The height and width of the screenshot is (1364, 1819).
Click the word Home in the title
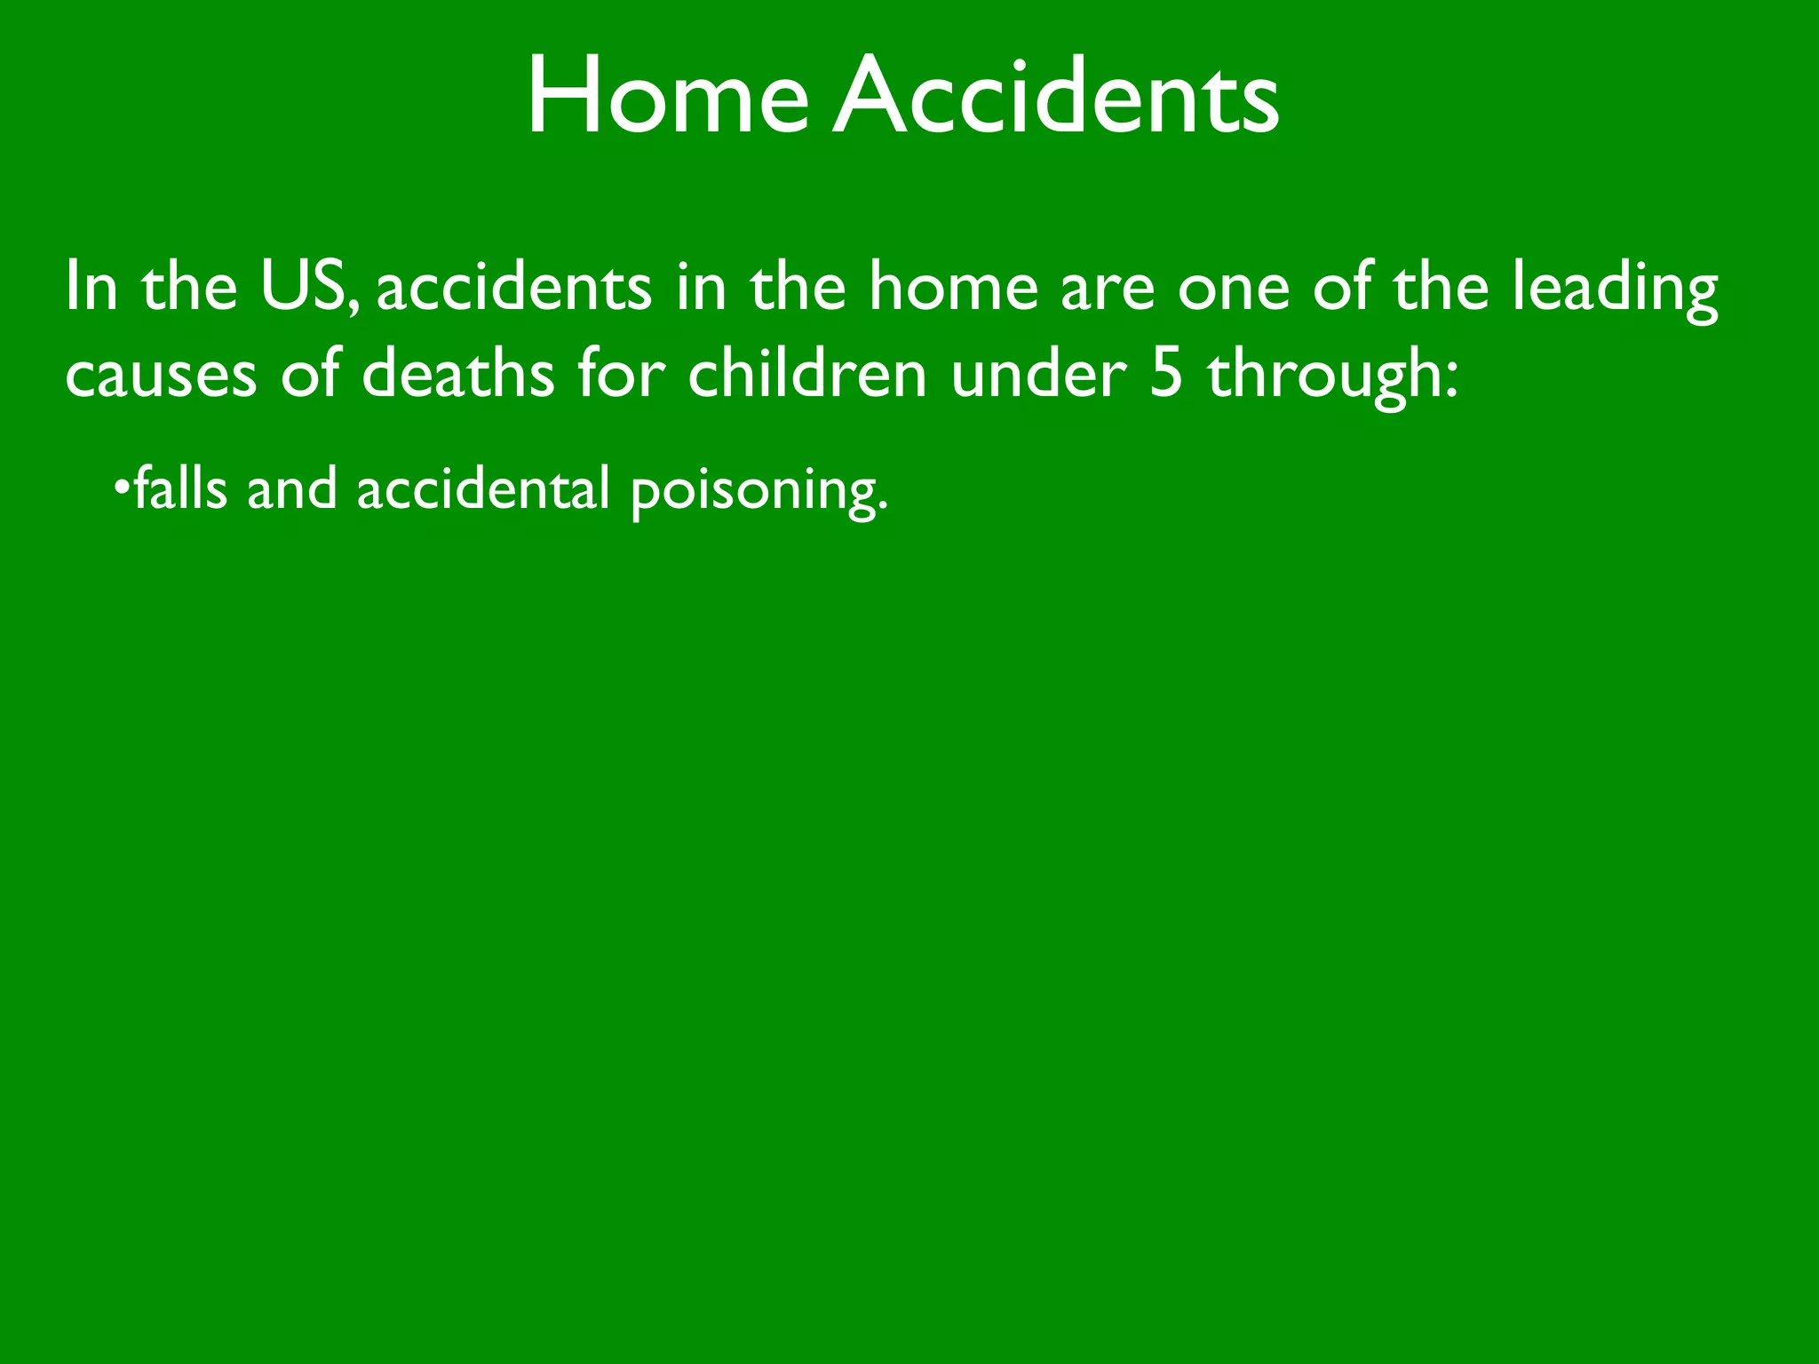click(667, 96)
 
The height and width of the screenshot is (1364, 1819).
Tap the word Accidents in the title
click(1057, 96)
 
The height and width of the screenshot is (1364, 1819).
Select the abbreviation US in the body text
click(303, 286)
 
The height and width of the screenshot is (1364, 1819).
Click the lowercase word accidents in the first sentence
click(514, 286)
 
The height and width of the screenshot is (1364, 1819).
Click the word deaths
click(457, 373)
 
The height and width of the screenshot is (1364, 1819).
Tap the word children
click(807, 373)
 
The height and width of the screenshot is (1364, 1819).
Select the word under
click(1038, 373)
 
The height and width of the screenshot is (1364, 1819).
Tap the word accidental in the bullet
click(483, 488)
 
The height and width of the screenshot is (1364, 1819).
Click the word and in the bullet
click(292, 488)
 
